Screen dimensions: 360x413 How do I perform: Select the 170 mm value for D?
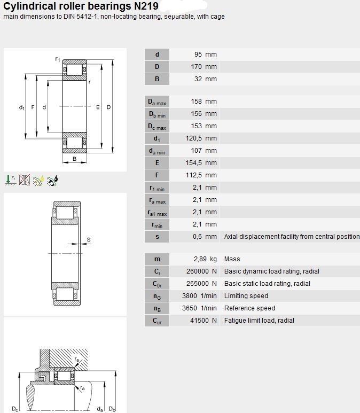point(204,67)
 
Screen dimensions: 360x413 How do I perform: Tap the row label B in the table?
point(157,79)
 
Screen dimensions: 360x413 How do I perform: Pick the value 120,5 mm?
point(201,138)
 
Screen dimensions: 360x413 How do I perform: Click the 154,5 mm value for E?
point(201,163)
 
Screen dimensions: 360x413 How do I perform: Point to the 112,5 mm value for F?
point(201,175)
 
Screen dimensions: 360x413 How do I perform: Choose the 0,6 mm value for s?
point(205,237)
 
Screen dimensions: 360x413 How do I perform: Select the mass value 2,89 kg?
point(205,259)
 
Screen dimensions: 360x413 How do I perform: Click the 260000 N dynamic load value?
point(201,271)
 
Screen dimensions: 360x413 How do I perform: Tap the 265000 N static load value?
point(201,283)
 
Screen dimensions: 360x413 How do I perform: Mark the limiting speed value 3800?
point(190,296)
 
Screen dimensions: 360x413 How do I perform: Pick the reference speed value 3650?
point(190,308)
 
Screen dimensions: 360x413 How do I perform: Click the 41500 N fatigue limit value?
point(204,320)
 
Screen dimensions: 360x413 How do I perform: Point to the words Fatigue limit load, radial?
point(259,321)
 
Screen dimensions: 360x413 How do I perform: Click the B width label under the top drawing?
point(75,159)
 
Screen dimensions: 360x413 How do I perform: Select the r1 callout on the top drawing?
point(58,59)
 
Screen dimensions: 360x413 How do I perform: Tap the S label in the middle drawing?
point(89,240)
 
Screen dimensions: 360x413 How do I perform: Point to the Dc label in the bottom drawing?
point(15,409)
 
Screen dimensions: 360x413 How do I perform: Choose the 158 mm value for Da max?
point(204,102)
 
